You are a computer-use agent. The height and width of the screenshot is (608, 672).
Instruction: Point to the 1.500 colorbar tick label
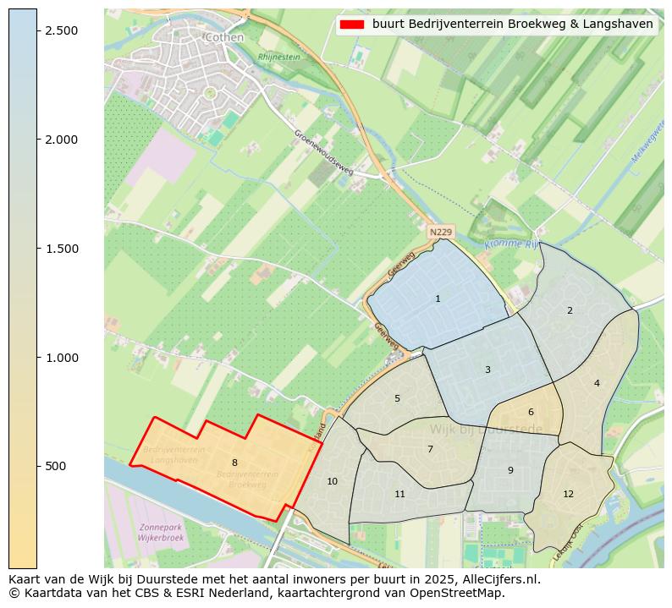click(x=60, y=249)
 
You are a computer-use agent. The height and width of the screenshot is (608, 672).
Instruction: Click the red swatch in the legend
click(x=351, y=25)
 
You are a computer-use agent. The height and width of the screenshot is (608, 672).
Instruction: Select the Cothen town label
click(x=224, y=37)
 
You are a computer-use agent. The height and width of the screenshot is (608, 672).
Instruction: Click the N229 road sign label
click(x=441, y=232)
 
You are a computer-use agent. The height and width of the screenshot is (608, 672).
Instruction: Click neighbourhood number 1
click(x=438, y=299)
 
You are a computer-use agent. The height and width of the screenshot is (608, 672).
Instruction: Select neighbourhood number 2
click(x=570, y=310)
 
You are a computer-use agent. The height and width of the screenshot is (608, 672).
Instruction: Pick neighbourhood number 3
click(x=487, y=370)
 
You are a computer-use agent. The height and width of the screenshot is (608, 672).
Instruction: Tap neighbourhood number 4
click(x=597, y=383)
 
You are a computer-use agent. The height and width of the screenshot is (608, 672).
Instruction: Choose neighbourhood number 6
click(x=531, y=412)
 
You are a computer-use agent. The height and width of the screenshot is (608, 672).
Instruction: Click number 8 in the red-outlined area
click(x=234, y=463)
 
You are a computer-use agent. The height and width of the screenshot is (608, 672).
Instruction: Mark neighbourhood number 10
click(x=332, y=481)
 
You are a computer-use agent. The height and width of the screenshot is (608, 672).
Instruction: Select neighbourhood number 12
click(x=568, y=494)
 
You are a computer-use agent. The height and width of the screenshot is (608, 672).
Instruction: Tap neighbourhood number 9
click(x=510, y=470)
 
